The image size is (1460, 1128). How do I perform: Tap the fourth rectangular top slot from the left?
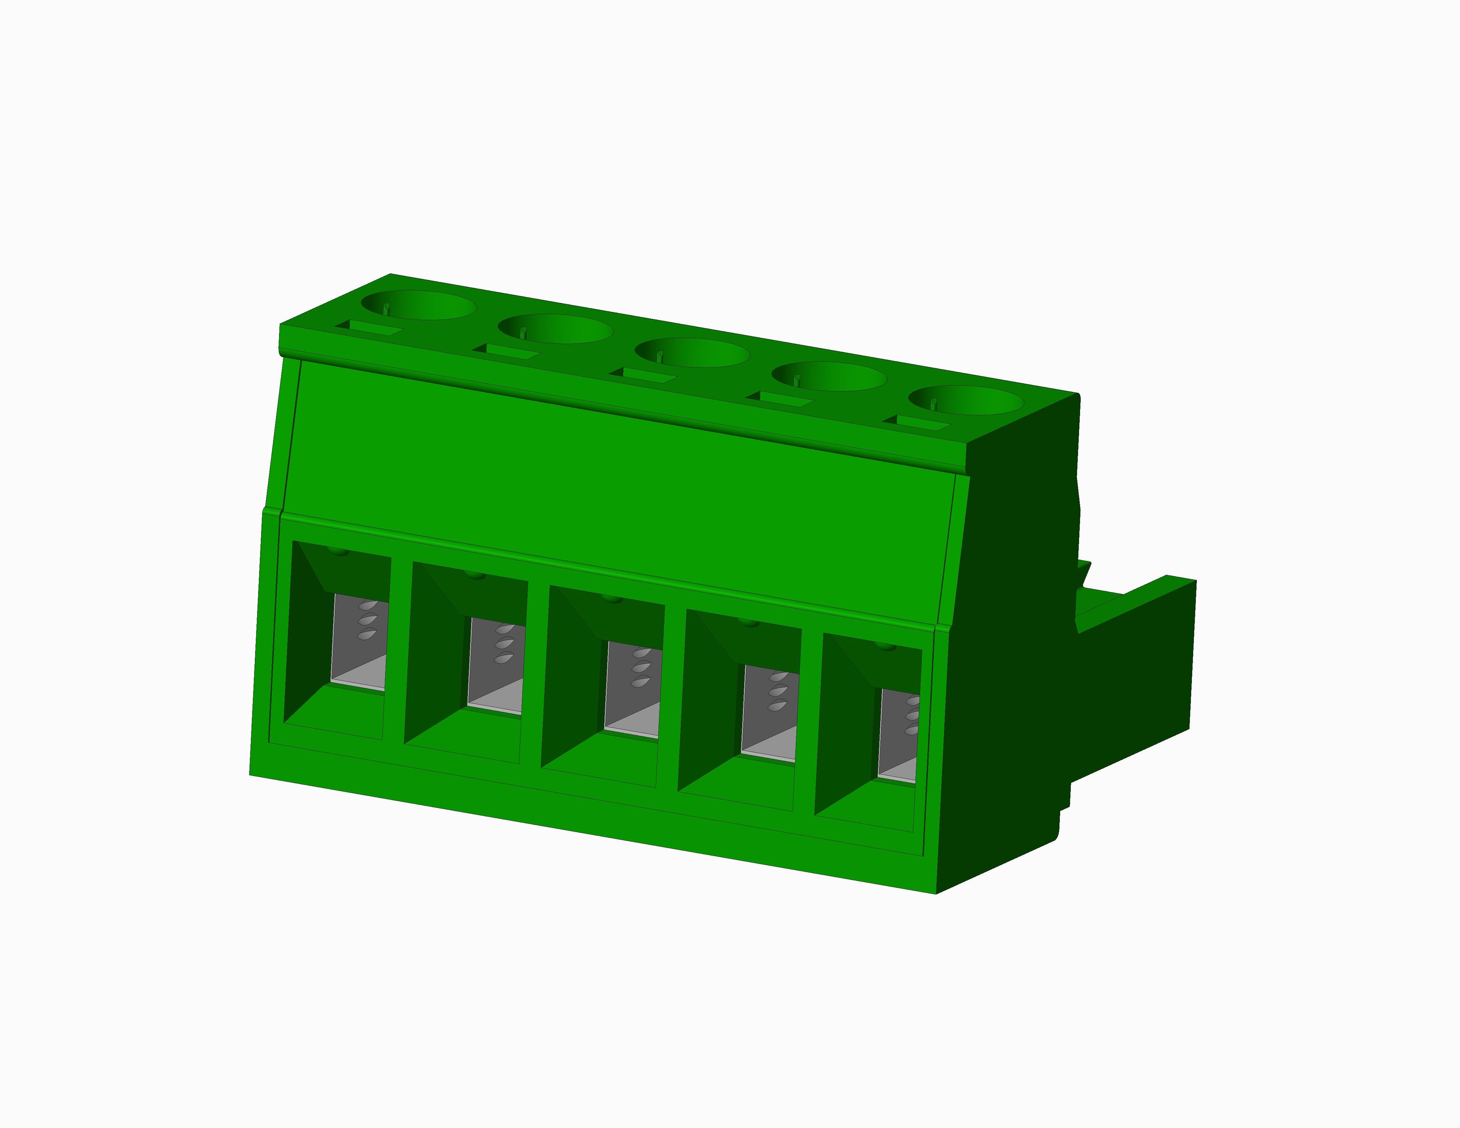(780, 399)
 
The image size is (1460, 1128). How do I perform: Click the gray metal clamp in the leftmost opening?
(359, 642)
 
